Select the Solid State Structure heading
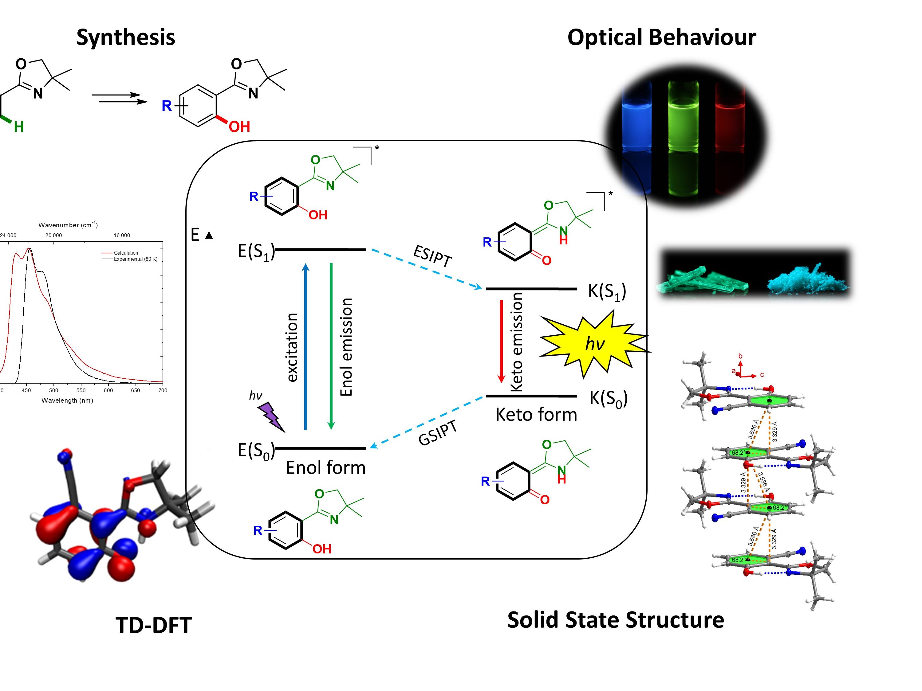(x=615, y=620)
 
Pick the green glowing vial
(x=683, y=121)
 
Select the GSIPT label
(x=437, y=433)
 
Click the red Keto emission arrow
(x=502, y=342)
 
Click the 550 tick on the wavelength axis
(x=81, y=390)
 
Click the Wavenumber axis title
(x=68, y=225)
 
